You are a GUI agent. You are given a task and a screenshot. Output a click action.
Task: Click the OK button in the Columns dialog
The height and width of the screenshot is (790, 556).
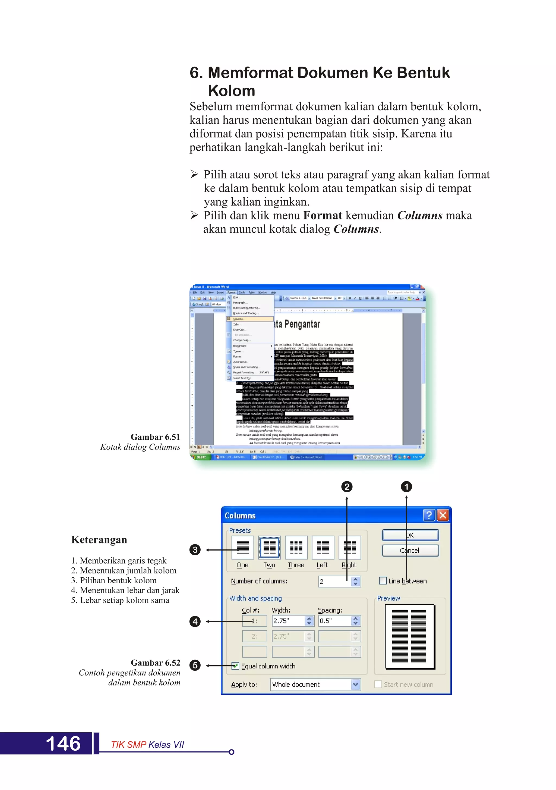[x=410, y=535]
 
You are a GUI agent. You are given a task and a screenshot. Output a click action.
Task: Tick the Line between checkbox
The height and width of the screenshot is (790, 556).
[x=382, y=581]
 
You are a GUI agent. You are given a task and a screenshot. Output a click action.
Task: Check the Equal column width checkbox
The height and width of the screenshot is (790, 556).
[x=235, y=666]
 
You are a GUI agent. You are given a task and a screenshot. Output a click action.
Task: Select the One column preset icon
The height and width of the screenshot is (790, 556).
[x=242, y=547]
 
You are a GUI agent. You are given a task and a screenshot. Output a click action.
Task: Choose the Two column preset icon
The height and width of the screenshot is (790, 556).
[x=269, y=547]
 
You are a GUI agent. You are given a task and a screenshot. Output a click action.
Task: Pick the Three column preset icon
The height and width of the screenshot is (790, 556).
[x=296, y=547]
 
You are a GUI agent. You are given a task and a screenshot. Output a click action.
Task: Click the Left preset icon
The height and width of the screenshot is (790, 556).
[x=323, y=547]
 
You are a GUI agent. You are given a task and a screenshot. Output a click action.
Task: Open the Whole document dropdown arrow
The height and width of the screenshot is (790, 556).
[x=355, y=684]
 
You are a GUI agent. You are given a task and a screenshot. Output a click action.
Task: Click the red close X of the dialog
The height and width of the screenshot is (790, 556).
[x=443, y=515]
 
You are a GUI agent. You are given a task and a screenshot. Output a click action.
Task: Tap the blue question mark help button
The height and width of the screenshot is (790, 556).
[x=429, y=515]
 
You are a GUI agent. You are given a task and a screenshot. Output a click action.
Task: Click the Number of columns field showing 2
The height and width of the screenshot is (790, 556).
[x=334, y=581]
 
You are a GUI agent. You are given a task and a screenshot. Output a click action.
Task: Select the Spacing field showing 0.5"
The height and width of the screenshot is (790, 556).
[x=334, y=621]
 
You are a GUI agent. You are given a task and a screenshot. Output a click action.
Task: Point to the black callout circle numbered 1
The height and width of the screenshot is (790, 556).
[x=406, y=487]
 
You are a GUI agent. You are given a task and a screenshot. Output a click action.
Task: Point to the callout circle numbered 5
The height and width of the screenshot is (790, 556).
[x=195, y=665]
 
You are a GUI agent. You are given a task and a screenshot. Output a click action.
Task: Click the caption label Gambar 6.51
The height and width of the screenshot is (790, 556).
[x=156, y=437]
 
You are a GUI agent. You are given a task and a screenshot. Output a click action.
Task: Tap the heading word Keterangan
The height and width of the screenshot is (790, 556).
[x=99, y=540]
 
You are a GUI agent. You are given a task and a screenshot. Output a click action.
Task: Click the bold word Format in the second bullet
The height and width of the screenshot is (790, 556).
[x=323, y=215]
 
